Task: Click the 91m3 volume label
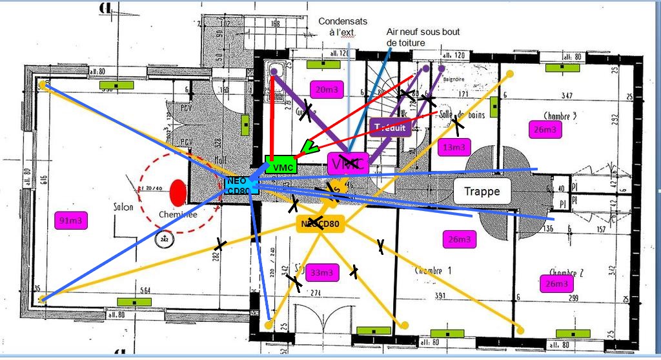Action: point(72,220)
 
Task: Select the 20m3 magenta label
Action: point(326,90)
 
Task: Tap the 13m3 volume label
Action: point(454,147)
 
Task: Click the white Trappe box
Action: point(482,191)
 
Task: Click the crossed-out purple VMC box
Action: point(347,164)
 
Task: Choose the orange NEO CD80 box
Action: point(320,224)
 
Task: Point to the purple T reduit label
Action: point(390,127)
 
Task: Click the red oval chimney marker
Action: point(178,193)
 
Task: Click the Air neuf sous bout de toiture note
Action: point(414,37)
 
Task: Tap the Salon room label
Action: point(123,207)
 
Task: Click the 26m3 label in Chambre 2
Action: point(556,283)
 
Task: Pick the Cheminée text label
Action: point(179,215)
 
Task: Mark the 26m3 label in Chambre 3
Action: point(544,129)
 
